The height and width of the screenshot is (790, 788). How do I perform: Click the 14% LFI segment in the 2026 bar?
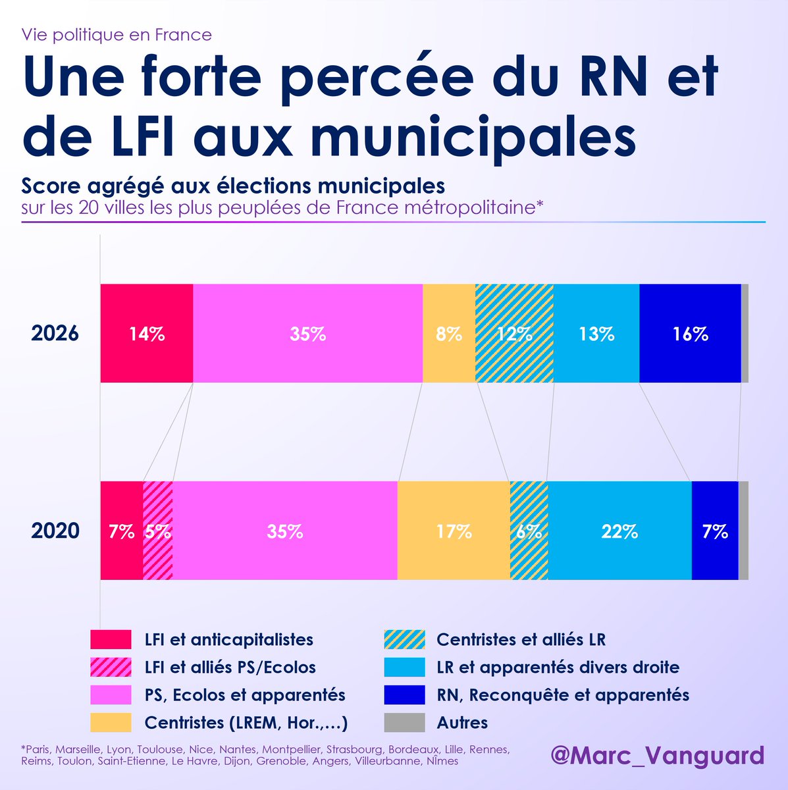(x=146, y=333)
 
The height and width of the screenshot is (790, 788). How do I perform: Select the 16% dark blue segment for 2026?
(x=690, y=333)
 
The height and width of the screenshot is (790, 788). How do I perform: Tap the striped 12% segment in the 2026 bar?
(x=514, y=333)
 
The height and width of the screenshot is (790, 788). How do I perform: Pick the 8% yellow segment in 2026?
(x=448, y=333)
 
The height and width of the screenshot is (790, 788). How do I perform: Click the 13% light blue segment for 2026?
(x=596, y=333)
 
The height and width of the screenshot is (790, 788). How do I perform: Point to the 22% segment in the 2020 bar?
(x=619, y=531)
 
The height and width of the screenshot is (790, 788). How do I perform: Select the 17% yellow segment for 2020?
(x=454, y=531)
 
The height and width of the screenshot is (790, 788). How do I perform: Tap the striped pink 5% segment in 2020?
(x=158, y=531)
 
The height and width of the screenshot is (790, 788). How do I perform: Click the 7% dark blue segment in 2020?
(x=715, y=531)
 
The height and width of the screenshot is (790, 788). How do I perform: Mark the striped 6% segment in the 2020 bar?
(x=529, y=531)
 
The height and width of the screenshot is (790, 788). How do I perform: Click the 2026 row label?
(x=55, y=333)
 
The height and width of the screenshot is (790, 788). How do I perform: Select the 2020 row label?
(x=55, y=531)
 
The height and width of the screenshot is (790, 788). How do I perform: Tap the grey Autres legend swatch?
(x=404, y=722)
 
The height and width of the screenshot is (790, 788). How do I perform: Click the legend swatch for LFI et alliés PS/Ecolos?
(x=111, y=667)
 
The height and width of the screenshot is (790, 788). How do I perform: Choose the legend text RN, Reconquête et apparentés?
(x=563, y=695)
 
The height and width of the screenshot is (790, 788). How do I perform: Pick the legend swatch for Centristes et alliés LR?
(x=404, y=639)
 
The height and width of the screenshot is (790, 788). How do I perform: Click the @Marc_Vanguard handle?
(x=657, y=755)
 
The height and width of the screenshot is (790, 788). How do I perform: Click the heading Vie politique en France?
(x=117, y=34)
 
